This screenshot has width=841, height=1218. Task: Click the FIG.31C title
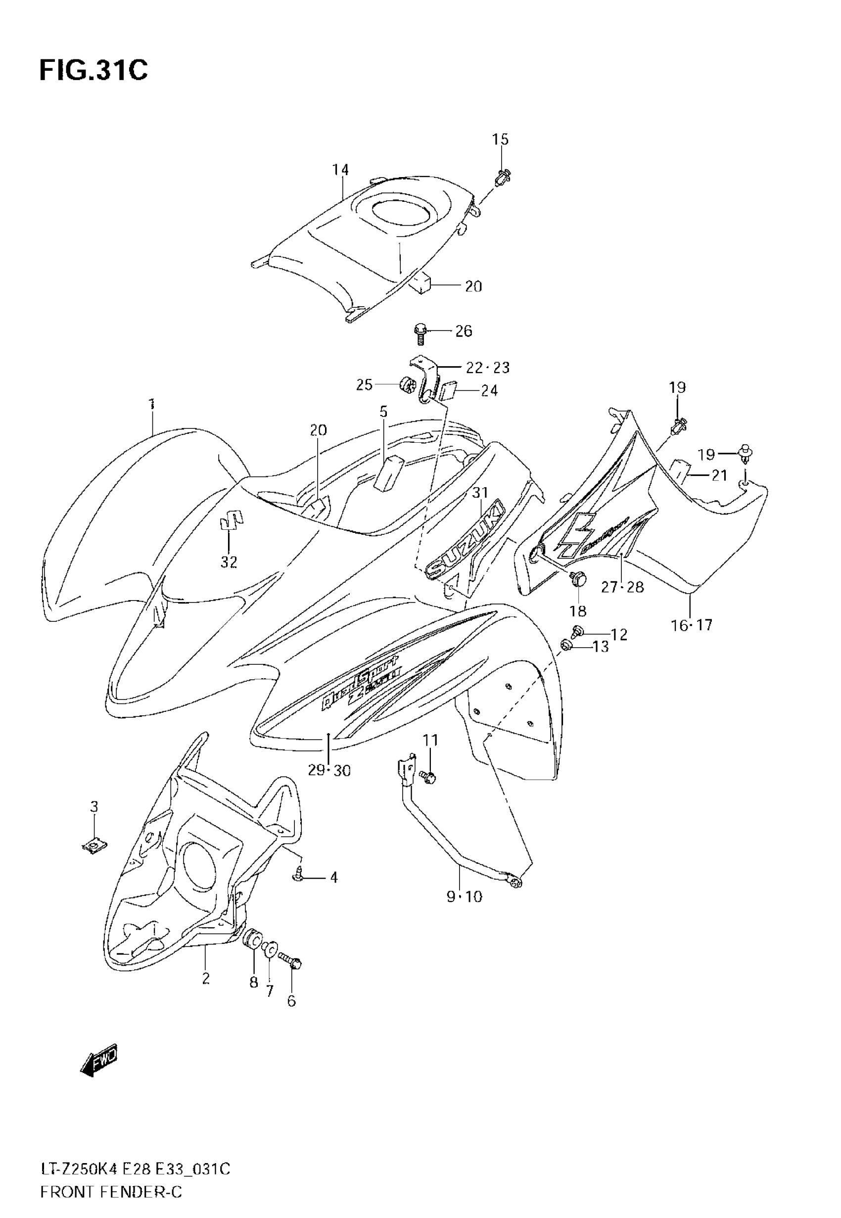pyautogui.click(x=93, y=70)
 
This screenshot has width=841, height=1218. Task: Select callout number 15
pyautogui.click(x=500, y=140)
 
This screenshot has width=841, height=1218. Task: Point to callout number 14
pyautogui.click(x=340, y=170)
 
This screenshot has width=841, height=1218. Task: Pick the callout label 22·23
pyautogui.click(x=488, y=367)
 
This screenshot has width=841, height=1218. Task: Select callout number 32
pyautogui.click(x=229, y=562)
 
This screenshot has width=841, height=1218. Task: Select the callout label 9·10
pyautogui.click(x=464, y=896)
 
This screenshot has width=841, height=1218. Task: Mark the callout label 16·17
pyautogui.click(x=691, y=625)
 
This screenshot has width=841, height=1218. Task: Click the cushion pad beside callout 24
pyautogui.click(x=448, y=391)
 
